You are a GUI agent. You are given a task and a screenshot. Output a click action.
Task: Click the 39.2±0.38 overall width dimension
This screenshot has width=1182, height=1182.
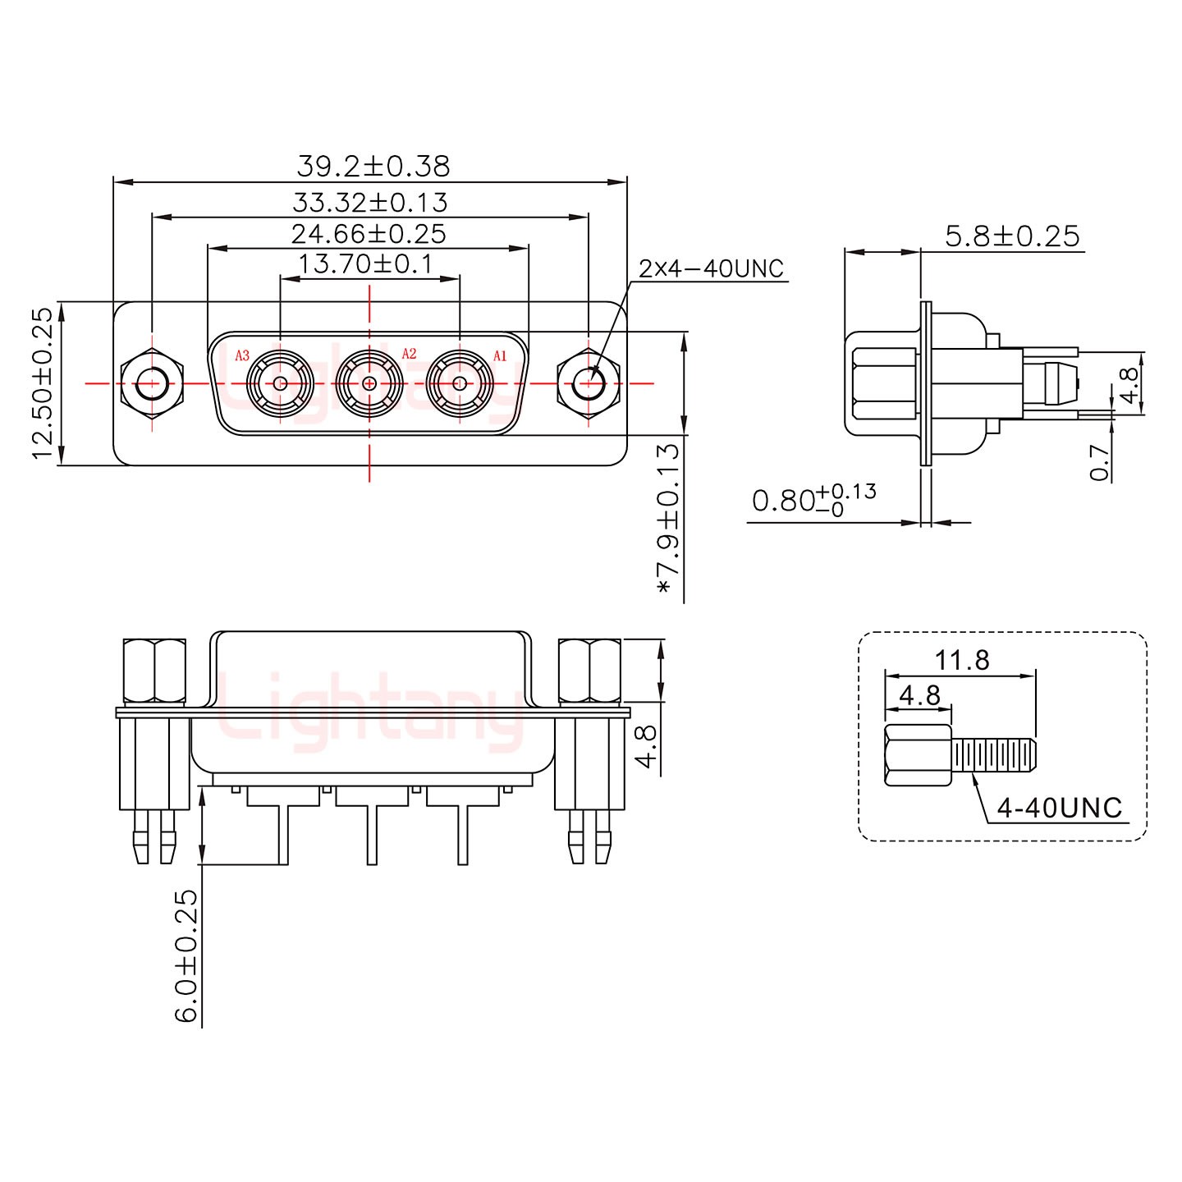(373, 167)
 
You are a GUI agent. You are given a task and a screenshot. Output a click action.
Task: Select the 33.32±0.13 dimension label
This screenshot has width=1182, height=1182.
(369, 202)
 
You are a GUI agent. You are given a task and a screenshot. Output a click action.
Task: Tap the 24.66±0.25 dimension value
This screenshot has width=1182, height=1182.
(369, 234)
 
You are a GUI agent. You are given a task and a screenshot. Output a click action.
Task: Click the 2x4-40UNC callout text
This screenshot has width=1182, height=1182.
(711, 268)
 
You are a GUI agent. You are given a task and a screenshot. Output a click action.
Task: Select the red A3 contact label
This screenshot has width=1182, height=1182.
(242, 355)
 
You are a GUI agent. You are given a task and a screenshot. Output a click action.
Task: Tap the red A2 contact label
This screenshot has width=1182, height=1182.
(409, 354)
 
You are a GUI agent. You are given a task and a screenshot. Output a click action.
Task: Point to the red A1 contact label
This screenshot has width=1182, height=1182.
(500, 355)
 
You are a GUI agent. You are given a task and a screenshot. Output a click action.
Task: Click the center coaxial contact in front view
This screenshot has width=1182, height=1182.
(369, 383)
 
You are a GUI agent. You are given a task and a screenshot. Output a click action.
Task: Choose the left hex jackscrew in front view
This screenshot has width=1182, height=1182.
(151, 383)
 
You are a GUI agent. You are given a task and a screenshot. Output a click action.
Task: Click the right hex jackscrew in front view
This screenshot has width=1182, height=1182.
(589, 383)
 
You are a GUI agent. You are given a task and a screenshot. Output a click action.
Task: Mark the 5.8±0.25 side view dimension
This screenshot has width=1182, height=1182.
(1012, 236)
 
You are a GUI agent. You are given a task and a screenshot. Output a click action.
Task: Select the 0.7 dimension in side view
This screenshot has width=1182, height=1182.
(1101, 462)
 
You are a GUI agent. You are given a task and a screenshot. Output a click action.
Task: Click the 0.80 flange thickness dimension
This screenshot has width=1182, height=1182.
(813, 499)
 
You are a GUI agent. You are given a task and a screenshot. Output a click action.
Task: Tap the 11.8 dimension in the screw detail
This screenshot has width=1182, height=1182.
(961, 659)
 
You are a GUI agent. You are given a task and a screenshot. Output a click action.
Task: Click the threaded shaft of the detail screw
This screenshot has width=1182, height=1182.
(994, 755)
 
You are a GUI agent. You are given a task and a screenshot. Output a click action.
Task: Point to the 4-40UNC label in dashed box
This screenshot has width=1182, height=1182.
(1059, 808)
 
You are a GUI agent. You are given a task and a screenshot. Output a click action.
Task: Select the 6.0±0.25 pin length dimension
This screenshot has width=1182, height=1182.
(186, 955)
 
